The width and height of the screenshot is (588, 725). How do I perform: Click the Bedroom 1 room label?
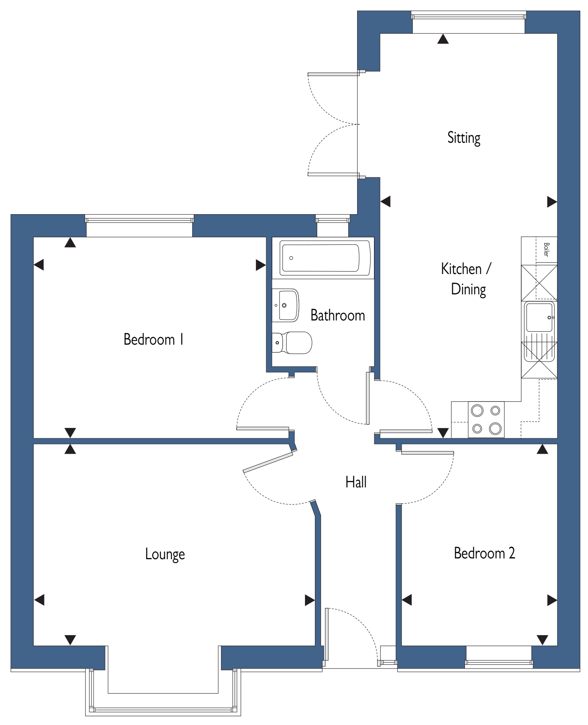(x=153, y=339)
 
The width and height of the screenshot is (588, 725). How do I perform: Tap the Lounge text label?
(x=165, y=554)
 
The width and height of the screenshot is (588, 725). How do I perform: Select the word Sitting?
(x=464, y=138)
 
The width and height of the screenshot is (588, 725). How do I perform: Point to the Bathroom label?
(x=338, y=315)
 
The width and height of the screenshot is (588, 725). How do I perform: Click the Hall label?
(x=356, y=482)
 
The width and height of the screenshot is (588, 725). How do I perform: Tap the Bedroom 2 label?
(x=484, y=553)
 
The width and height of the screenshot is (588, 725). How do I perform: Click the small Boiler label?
(x=546, y=249)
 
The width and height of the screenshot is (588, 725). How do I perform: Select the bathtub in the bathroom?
(x=325, y=258)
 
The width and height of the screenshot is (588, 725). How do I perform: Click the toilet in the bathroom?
(x=292, y=343)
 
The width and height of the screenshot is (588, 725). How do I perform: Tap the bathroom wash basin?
(x=285, y=305)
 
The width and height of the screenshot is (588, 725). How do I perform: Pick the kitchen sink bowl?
(x=539, y=317)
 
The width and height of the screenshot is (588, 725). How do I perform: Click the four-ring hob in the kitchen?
(x=486, y=419)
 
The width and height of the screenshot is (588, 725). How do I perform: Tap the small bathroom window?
(x=333, y=220)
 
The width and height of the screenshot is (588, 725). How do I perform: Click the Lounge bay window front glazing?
(x=163, y=710)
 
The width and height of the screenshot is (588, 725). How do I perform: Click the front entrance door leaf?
(x=327, y=637)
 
